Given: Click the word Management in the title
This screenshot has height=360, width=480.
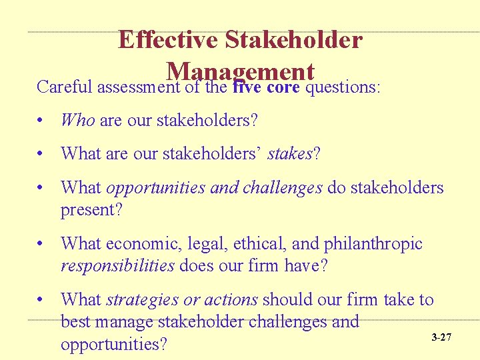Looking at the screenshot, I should [241, 71].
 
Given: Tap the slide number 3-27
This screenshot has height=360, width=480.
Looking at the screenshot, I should [441, 337].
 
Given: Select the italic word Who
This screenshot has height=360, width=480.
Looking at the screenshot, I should [77, 120].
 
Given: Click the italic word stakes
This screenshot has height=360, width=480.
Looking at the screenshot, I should [289, 154].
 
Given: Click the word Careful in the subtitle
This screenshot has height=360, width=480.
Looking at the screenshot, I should [65, 87].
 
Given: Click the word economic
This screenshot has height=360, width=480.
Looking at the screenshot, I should [138, 244].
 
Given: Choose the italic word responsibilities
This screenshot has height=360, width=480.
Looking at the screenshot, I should [117, 266].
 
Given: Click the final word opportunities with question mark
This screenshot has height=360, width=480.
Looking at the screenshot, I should [113, 344].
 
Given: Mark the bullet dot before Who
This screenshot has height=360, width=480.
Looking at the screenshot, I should [41, 121].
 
